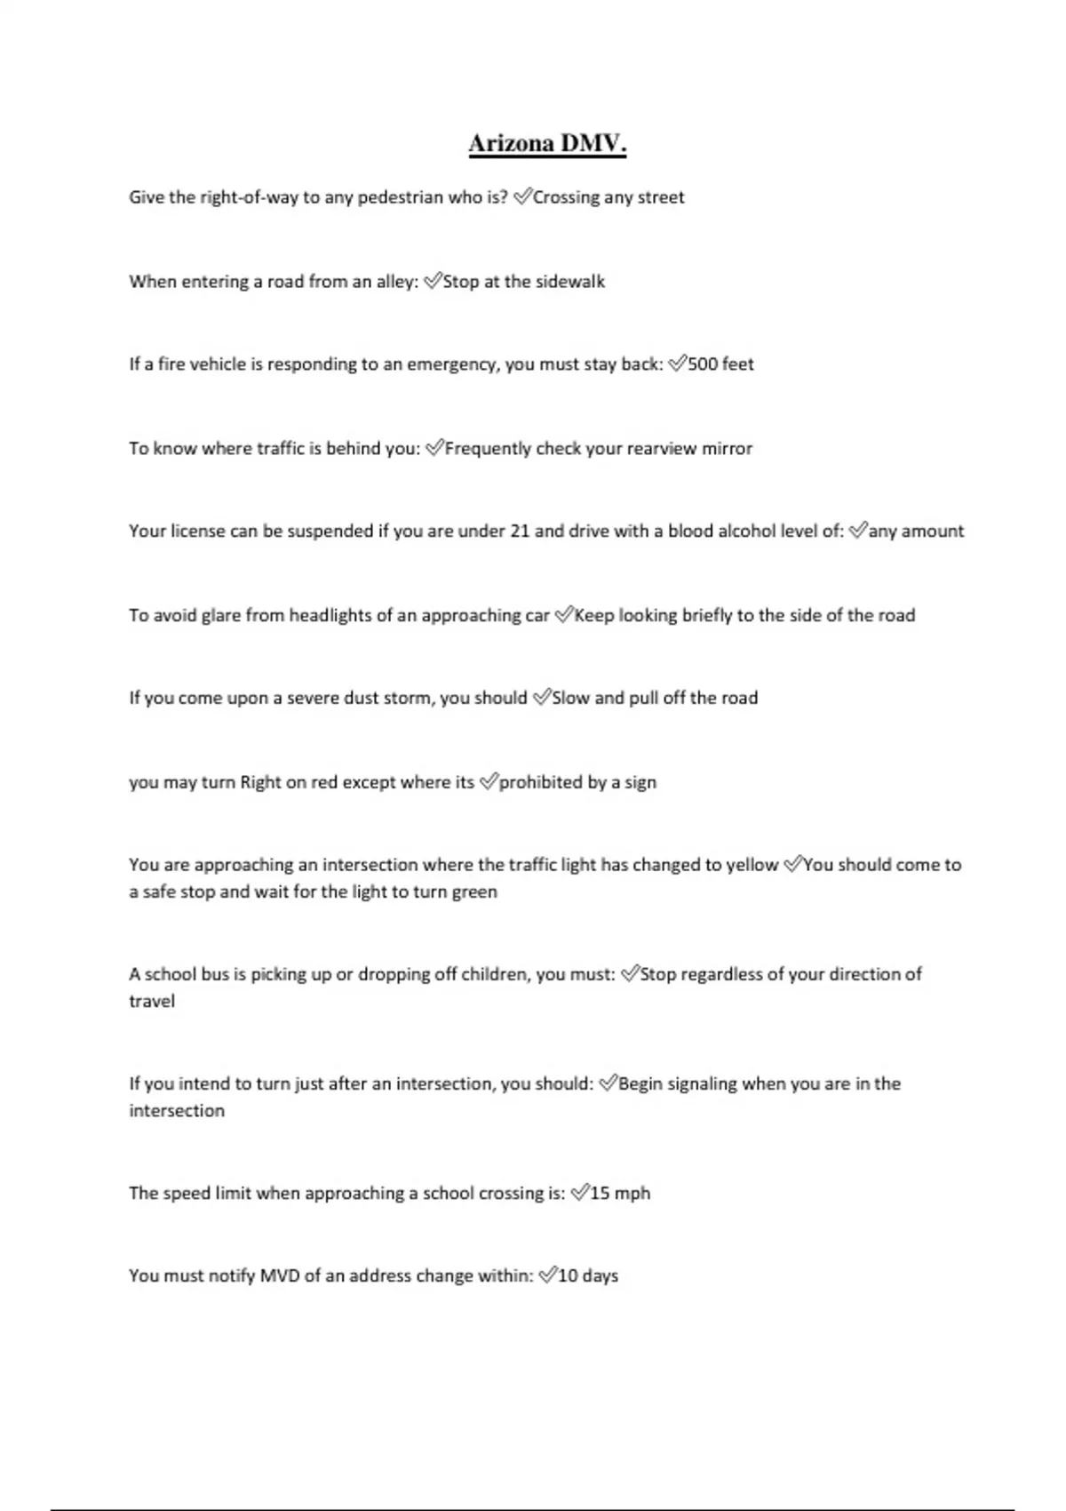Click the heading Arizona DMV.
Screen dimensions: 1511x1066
pyautogui.click(x=547, y=144)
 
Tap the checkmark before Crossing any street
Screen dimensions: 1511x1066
pyautogui.click(x=521, y=196)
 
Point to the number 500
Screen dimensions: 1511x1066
pyautogui.click(x=703, y=364)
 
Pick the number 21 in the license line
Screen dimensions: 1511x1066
pyautogui.click(x=520, y=532)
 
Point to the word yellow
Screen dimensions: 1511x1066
pyautogui.click(x=752, y=865)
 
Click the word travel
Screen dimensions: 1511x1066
pyautogui.click(x=152, y=1002)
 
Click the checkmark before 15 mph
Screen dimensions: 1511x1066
pyautogui.click(x=579, y=1193)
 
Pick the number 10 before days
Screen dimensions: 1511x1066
pyautogui.click(x=568, y=1276)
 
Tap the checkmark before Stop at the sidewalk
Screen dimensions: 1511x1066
pyautogui.click(x=433, y=282)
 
